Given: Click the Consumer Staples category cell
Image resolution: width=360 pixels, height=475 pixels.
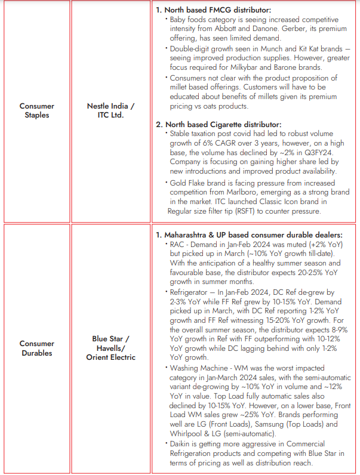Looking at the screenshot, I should pos(36,110).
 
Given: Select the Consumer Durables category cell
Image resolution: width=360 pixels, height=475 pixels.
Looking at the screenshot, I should pos(36,348).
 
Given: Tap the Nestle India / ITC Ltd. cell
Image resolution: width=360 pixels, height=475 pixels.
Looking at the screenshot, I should pos(111,110).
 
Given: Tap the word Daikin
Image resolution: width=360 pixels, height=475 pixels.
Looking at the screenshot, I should pos(182,444).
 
